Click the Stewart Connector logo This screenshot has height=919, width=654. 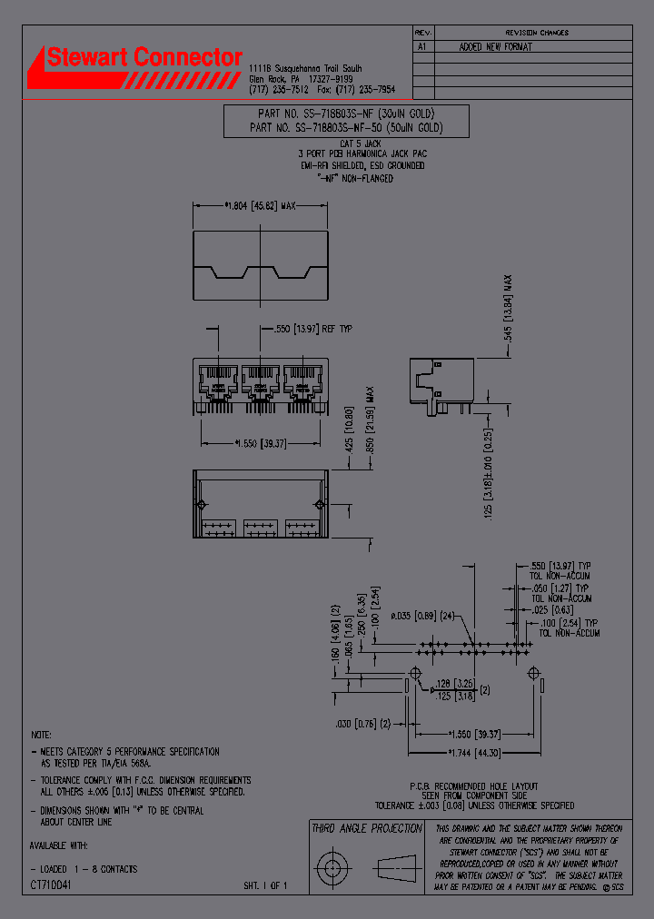pos(136,65)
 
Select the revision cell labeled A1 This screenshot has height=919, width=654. pos(421,46)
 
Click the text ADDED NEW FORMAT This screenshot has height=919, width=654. pos(496,46)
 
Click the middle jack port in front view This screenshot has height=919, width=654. pos(261,381)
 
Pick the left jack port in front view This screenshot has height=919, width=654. pos(218,381)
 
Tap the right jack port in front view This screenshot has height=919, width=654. pos(303,381)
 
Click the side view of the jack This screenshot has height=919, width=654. pos(441,381)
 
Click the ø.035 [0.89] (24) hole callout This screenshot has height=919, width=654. pos(424,616)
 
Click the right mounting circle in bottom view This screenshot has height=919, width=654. pos(319,505)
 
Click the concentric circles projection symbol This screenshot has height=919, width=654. pos(332,863)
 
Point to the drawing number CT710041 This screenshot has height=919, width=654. pos(51,884)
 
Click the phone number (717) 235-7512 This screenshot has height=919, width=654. pos(279,90)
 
